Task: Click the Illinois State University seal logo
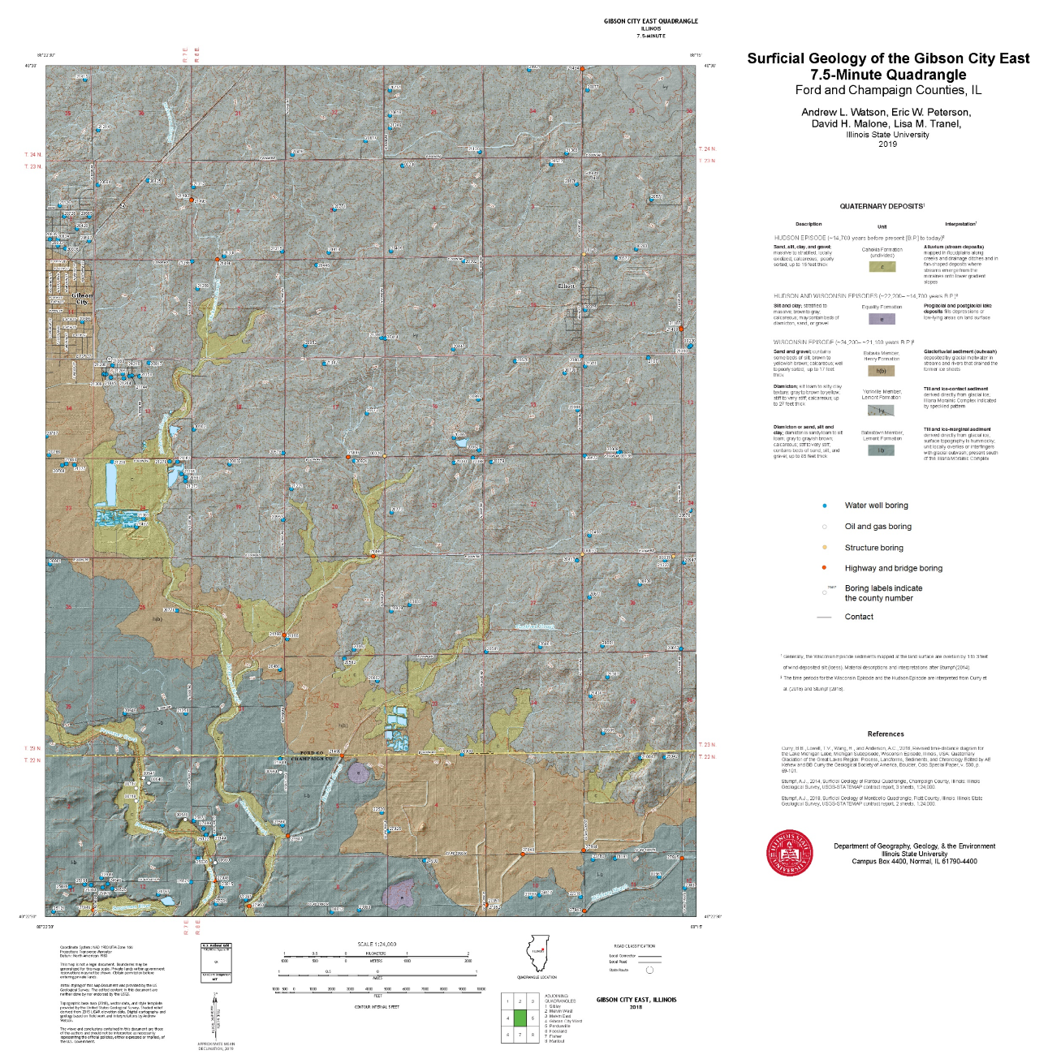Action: pos(790,853)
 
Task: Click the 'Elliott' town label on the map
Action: pos(566,286)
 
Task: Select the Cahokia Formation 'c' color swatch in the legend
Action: pos(882,266)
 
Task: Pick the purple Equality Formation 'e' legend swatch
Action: pos(882,319)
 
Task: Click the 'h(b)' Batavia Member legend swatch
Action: pos(881,371)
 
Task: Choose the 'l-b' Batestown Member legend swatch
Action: pos(881,450)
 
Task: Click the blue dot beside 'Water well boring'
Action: pos(825,506)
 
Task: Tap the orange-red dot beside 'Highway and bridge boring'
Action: pos(825,568)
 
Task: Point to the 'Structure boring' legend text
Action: pos(873,548)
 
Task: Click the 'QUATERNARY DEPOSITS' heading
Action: pos(881,206)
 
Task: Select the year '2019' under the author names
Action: pos(887,144)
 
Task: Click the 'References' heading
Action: pos(885,734)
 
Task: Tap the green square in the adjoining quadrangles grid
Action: pos(520,1018)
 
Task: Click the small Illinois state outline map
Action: pos(537,954)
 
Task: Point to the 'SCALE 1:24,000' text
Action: pos(377,944)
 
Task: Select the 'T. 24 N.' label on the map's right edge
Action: pos(708,149)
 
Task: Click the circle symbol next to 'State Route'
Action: pos(649,970)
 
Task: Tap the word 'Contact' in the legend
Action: pos(859,617)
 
